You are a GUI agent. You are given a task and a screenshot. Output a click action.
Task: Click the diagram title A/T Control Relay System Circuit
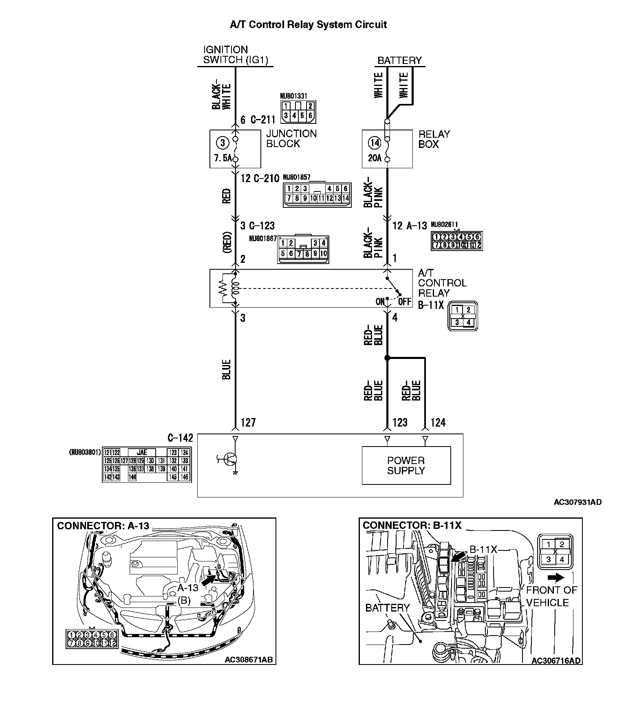click(308, 25)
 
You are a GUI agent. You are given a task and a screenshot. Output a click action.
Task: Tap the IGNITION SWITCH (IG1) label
click(235, 55)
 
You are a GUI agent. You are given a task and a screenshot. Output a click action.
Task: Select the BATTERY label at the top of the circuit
click(399, 61)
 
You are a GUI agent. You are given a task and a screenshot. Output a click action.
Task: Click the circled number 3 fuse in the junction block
click(223, 143)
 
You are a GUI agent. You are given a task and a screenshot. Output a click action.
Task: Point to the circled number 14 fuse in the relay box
click(375, 143)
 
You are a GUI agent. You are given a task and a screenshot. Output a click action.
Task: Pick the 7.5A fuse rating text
click(223, 158)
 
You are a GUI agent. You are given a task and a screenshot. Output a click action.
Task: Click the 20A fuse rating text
click(375, 158)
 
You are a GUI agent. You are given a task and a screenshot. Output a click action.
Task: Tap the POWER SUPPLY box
click(406, 465)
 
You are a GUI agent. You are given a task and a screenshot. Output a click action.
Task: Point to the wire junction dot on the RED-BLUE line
click(387, 358)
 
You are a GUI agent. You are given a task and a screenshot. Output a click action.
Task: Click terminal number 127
click(248, 423)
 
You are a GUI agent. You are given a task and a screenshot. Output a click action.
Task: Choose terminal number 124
click(438, 423)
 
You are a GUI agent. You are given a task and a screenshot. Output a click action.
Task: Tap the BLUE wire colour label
click(227, 369)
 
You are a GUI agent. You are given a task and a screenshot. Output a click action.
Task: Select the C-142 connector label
click(180, 438)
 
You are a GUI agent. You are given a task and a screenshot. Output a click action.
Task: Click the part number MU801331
click(293, 96)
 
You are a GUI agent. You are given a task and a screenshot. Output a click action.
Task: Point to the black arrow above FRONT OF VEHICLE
click(556, 577)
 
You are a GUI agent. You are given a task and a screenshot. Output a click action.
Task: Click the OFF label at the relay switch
click(405, 302)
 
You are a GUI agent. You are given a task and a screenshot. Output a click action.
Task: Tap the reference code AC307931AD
click(577, 502)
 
